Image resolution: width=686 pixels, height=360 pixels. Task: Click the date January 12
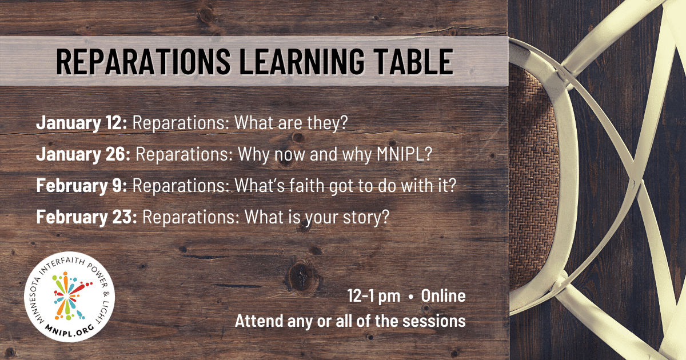click(x=82, y=123)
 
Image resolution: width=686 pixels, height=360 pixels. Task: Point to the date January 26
click(x=83, y=155)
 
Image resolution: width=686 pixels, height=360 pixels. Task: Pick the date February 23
click(x=86, y=218)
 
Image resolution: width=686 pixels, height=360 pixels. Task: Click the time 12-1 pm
click(x=373, y=296)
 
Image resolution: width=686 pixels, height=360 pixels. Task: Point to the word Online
click(x=443, y=296)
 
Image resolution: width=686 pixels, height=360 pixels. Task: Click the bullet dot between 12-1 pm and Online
click(x=410, y=297)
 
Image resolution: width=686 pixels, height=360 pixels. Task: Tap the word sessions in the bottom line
click(x=433, y=321)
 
